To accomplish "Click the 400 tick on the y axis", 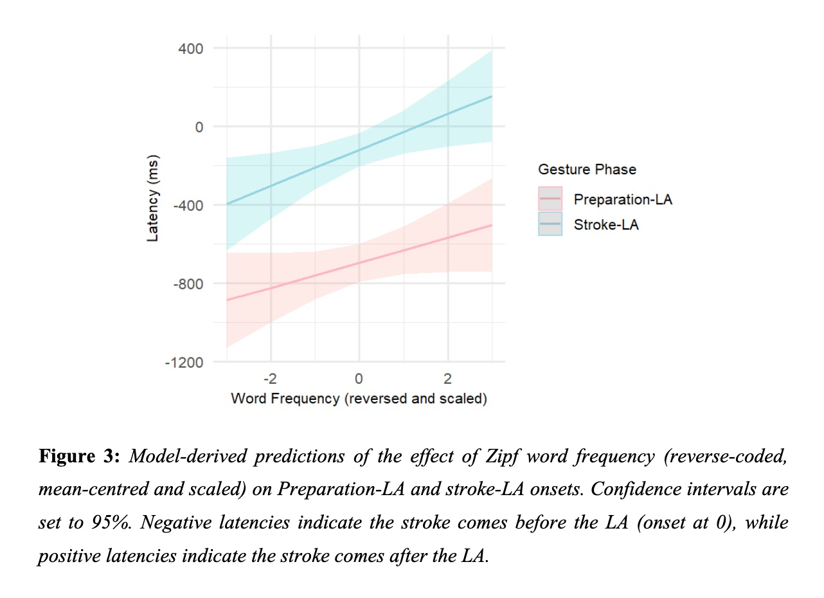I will coord(190,48).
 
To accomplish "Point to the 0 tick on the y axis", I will coord(199,127).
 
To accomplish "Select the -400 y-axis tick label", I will coord(187,205).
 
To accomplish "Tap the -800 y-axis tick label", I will coord(187,284).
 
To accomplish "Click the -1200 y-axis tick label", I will coord(184,362).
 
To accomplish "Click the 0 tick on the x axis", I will coord(359,378).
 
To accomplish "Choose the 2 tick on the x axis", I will coord(447,378).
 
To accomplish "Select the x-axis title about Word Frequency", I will coord(359,399).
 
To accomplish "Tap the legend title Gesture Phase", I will coord(587,170).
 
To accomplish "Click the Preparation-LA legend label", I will coord(623,199).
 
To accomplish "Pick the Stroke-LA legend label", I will coord(606,225).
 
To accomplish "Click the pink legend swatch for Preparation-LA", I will coord(550,199).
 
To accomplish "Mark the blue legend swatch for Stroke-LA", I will coord(550,224).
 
